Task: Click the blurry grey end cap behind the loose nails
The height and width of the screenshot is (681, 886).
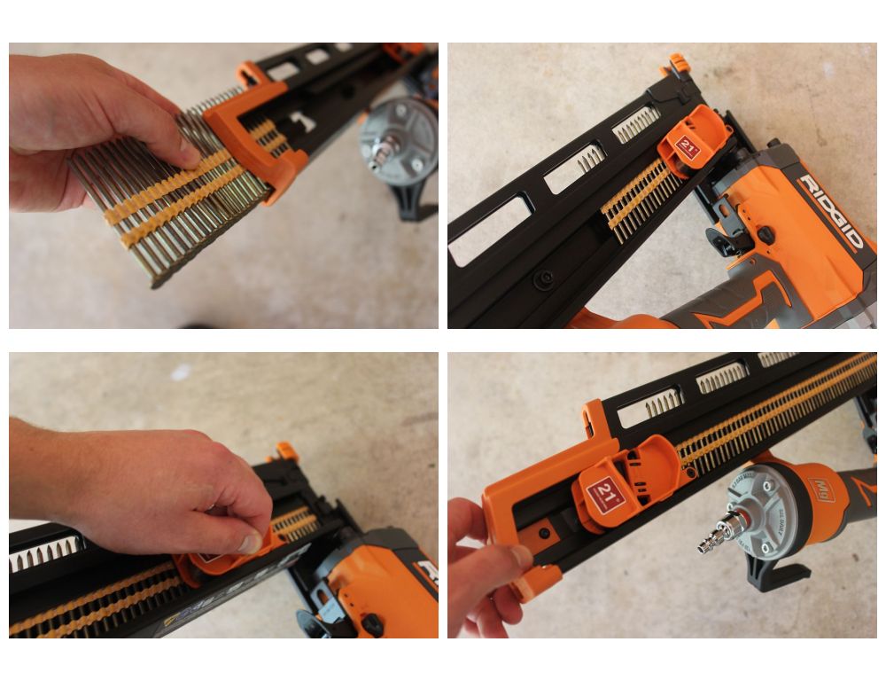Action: pyautogui.click(x=399, y=141)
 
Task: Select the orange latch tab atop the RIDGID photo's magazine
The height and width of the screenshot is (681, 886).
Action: pyautogui.click(x=678, y=64)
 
